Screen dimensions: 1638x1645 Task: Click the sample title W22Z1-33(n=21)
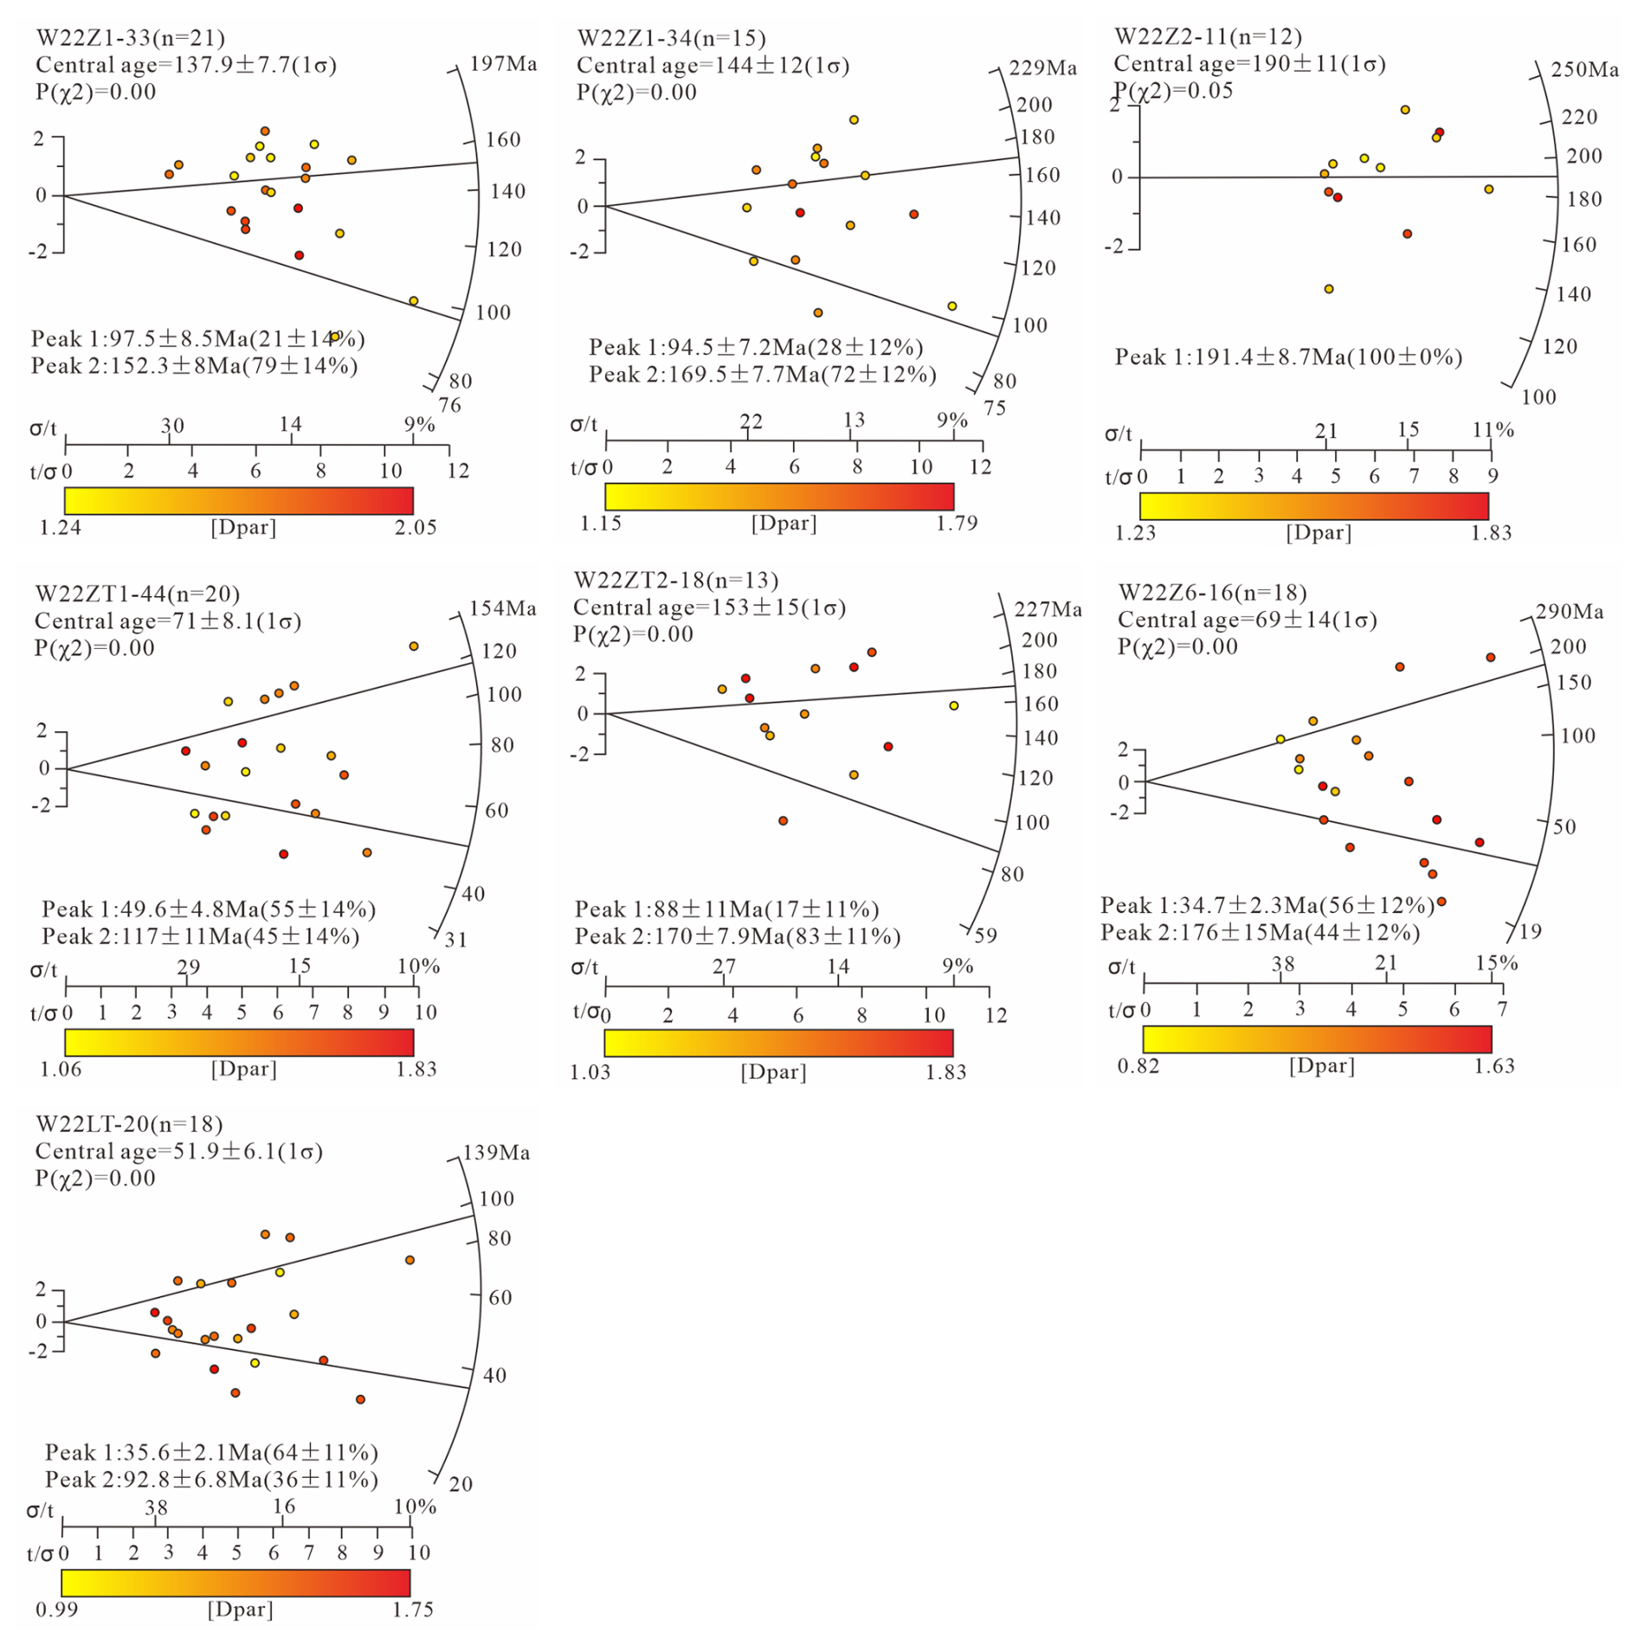pos(131,38)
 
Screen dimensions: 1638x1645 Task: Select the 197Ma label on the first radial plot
pos(503,64)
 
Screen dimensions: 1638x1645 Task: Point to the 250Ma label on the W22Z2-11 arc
pos(1584,70)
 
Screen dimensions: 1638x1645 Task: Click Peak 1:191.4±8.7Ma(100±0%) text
pos(1288,357)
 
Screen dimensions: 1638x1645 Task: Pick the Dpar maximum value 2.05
pos(416,528)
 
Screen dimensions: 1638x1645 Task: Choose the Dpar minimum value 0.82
pos(1138,1066)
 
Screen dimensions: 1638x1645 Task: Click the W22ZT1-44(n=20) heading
pos(138,594)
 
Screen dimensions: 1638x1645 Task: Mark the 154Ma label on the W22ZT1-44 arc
pos(503,609)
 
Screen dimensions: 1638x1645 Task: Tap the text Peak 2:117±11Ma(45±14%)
pos(201,936)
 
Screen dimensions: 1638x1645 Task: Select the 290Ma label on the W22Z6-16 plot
pos(1570,613)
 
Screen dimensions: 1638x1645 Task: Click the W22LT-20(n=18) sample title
pos(129,1124)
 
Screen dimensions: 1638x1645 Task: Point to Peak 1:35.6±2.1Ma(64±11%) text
pos(212,1452)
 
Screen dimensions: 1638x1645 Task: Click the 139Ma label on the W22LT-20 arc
pos(497,1153)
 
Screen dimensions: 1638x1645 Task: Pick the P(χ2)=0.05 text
pos(1173,91)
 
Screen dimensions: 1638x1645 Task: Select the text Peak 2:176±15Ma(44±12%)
pos(1261,933)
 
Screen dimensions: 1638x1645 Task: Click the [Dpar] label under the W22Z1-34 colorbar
pos(784,524)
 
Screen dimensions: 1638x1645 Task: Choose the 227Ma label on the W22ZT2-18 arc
pos(1048,610)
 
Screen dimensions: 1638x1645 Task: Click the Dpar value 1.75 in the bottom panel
pos(412,1610)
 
